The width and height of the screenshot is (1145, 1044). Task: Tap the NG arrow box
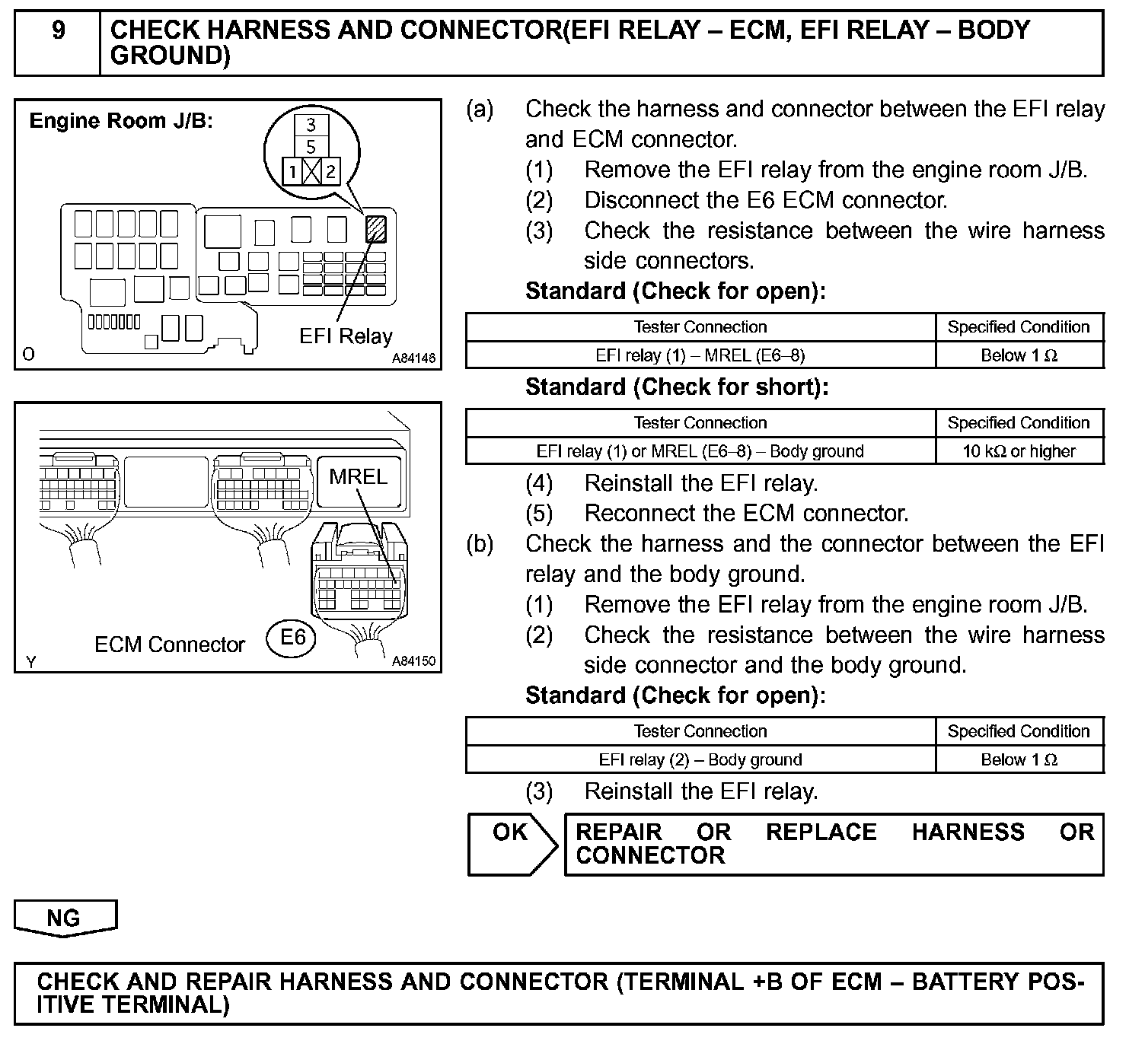(x=64, y=918)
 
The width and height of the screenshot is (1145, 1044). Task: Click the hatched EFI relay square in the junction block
(x=375, y=229)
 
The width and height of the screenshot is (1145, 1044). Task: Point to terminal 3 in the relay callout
(x=311, y=125)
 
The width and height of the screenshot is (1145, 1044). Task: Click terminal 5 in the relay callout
(x=311, y=146)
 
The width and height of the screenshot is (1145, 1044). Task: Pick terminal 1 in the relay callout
(x=292, y=171)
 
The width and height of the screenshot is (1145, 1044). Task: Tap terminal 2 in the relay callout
(x=330, y=171)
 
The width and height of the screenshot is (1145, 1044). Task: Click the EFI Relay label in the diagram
(x=346, y=336)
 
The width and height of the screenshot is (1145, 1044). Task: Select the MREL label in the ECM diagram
(x=359, y=476)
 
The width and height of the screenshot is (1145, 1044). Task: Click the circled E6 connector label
(x=292, y=636)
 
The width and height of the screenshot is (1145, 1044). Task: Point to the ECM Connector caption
(x=169, y=645)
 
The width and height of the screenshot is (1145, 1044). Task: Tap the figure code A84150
(x=413, y=661)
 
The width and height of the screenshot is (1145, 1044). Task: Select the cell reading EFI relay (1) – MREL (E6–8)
(x=700, y=355)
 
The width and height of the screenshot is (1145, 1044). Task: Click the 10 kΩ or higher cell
(x=1019, y=451)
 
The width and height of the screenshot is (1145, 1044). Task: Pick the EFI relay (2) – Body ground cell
(x=700, y=759)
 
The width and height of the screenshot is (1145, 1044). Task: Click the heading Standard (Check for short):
(x=676, y=387)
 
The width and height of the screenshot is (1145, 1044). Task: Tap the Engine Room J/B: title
(x=121, y=121)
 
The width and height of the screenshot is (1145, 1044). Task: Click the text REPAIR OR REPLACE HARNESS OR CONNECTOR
(x=834, y=843)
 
